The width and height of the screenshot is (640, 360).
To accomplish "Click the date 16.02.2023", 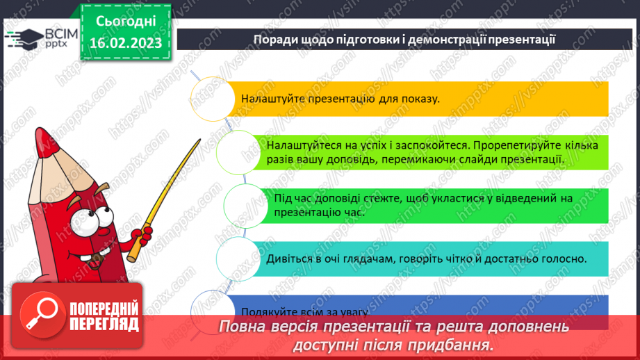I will (126, 43).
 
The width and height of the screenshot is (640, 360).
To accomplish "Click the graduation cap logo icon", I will (23, 37).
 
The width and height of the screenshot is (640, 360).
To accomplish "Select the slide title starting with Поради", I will (404, 39).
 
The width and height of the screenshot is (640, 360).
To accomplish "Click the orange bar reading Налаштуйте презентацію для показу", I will (417, 99).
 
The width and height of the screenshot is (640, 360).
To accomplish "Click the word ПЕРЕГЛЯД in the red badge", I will (105, 323).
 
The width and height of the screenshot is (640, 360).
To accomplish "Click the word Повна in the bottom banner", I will (242, 327).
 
